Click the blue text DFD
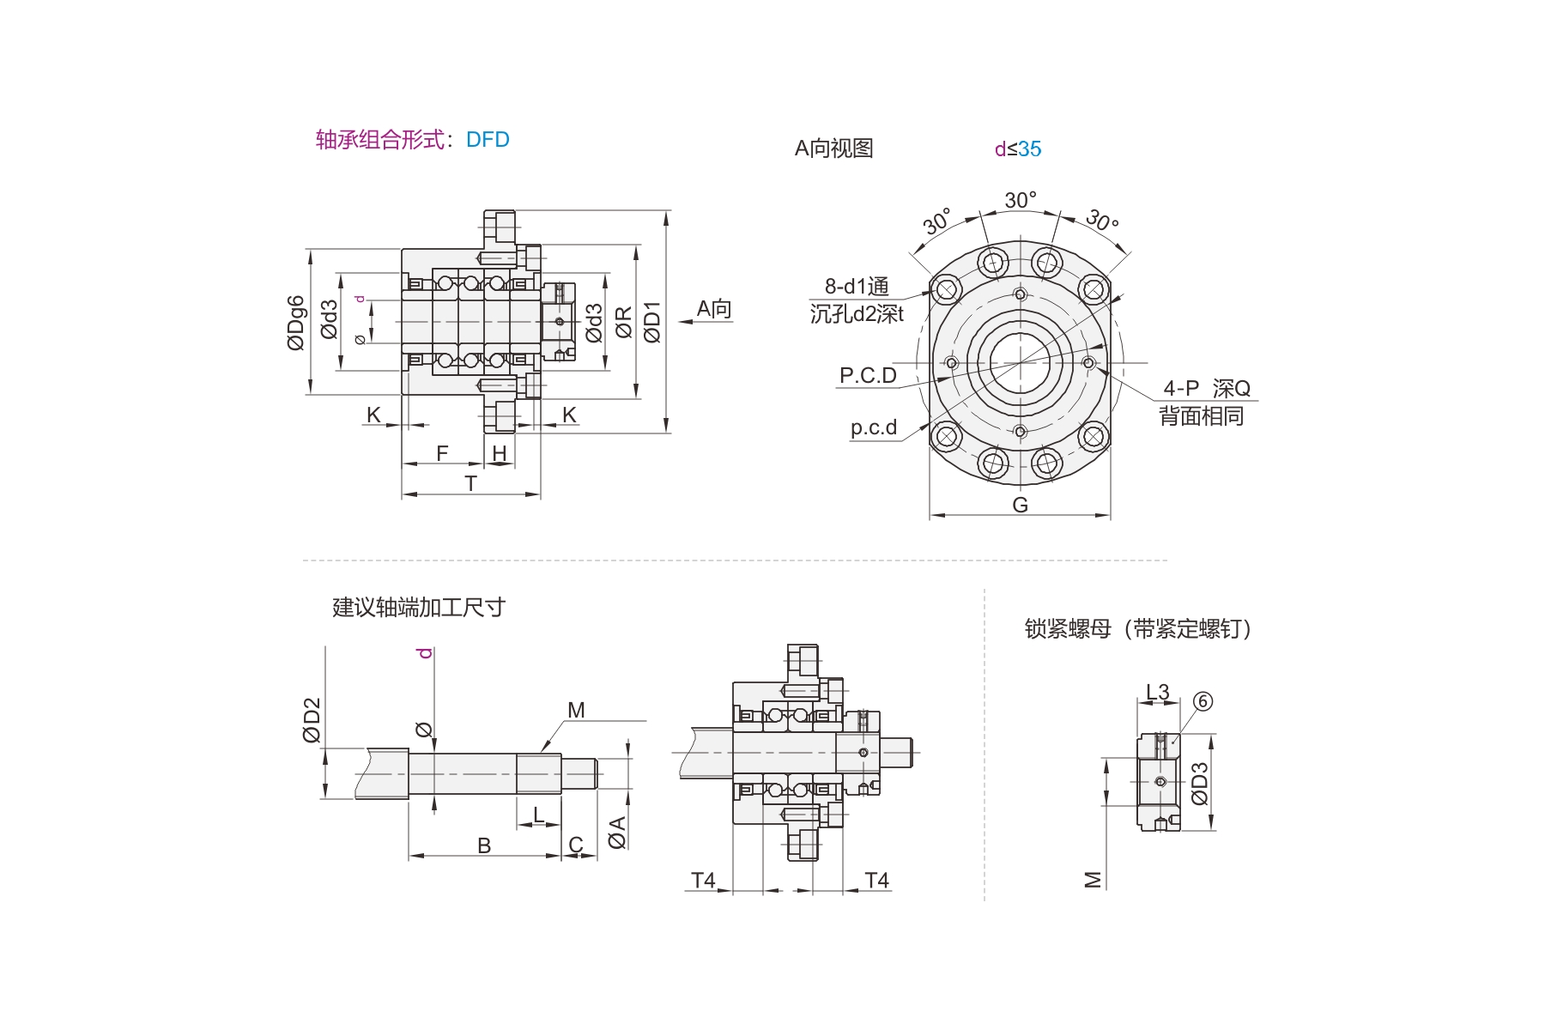point(488,140)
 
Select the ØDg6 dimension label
point(295,323)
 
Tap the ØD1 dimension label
point(652,323)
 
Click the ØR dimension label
point(624,323)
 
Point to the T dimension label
point(470,484)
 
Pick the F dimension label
point(442,453)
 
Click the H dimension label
point(500,453)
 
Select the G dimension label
point(1020,505)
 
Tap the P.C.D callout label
point(868,376)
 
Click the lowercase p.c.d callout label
point(873,427)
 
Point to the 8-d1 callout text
point(857,287)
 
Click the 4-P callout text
point(1181,389)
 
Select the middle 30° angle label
point(1021,200)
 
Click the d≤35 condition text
point(1018,149)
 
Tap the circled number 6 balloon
point(1203,701)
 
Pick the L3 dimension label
point(1158,692)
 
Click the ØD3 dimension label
point(1199,784)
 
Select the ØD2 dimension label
point(311,719)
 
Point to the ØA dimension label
point(616,833)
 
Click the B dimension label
point(484,845)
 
